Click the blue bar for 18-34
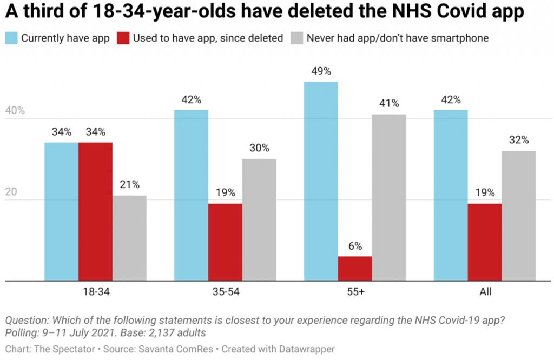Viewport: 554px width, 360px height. click(61, 211)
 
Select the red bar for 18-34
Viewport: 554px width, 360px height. click(95, 211)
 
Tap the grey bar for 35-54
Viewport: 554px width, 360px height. click(259, 219)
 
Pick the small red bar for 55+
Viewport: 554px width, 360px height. click(355, 268)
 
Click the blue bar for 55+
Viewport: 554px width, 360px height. click(321, 181)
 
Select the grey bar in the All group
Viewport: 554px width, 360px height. click(519, 216)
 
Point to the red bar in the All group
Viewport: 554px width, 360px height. click(485, 242)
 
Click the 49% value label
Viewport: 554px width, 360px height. click(321, 71)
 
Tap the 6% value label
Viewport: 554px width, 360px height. click(355, 246)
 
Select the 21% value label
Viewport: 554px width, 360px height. click(129, 185)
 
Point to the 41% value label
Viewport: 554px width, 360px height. click(389, 104)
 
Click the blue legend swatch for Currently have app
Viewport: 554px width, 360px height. click(11, 38)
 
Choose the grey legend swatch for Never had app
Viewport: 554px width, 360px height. click(296, 38)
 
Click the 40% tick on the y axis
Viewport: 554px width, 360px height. click(15, 111)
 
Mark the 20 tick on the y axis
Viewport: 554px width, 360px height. click(11, 192)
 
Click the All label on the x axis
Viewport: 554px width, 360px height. click(485, 292)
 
